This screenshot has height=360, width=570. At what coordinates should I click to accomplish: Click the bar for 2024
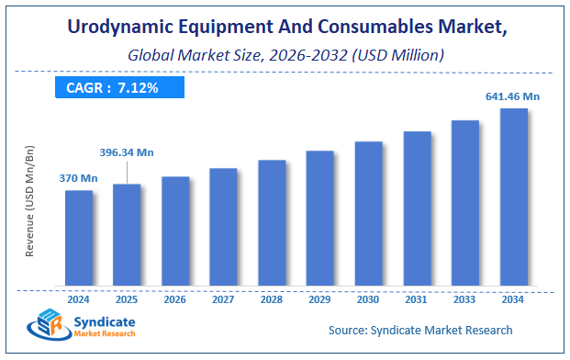pyautogui.click(x=79, y=237)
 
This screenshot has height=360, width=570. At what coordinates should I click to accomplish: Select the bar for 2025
pyautogui.click(x=127, y=234)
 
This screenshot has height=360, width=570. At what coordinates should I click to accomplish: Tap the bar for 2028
pyautogui.click(x=272, y=222)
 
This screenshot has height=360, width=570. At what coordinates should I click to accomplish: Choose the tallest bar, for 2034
pyautogui.click(x=513, y=197)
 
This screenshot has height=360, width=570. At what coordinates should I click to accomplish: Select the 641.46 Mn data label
pyautogui.click(x=511, y=96)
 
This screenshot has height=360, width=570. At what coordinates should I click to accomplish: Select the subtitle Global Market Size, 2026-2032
pyautogui.click(x=284, y=56)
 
